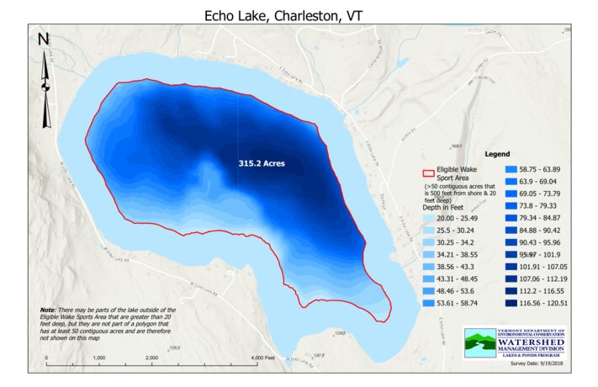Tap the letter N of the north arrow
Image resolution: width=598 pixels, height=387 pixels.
click(45, 40)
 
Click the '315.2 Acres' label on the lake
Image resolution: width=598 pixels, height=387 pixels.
click(262, 164)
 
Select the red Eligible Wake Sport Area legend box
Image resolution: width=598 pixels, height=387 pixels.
click(428, 173)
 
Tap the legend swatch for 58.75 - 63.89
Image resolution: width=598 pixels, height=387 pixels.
click(508, 169)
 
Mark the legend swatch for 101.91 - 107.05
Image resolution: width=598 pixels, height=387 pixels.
click(508, 266)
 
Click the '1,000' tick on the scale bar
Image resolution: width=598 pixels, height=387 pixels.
click(98, 358)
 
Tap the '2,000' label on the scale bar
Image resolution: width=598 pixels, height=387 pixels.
click(152, 358)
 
